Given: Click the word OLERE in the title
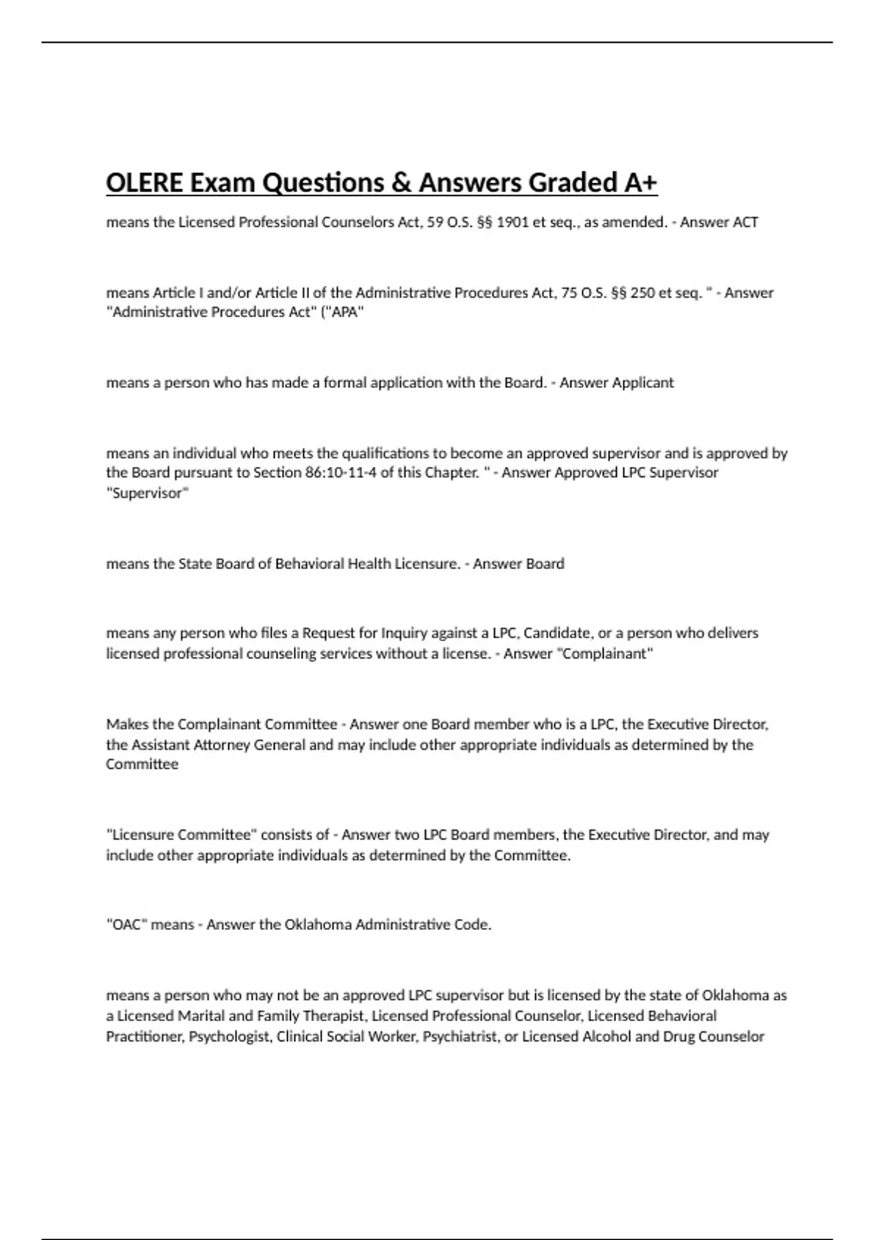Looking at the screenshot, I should coord(144,182).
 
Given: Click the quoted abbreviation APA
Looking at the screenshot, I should coord(346,312).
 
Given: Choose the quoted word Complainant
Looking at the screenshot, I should coord(604,654).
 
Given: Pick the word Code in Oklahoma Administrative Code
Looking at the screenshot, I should coord(472,925).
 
